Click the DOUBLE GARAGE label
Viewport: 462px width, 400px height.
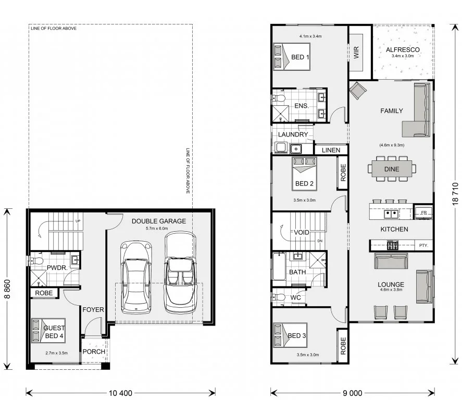coord(158,221)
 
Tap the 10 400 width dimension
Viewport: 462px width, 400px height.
coord(120,393)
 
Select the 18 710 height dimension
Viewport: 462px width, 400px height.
coord(455,194)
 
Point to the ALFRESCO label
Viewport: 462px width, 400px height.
coord(403,49)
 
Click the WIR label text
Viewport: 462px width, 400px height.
coord(356,52)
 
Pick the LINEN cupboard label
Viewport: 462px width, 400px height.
coord(331,150)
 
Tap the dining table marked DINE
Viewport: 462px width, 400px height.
coord(392,169)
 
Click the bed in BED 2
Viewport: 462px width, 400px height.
coord(304,174)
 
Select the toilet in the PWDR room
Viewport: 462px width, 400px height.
coord(36,261)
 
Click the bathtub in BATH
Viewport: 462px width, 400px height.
coord(279,267)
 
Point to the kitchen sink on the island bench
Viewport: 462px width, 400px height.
coord(391,214)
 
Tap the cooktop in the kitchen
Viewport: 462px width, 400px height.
coord(392,245)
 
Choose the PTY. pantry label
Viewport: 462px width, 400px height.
coord(423,245)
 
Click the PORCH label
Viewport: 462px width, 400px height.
coord(94,352)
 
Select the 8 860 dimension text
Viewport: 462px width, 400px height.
coord(7,289)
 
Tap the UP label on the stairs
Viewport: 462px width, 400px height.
coord(78,221)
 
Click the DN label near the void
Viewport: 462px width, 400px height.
coord(320,241)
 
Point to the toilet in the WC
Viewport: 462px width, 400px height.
coord(278,297)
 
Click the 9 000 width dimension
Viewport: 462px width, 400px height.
coord(353,393)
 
